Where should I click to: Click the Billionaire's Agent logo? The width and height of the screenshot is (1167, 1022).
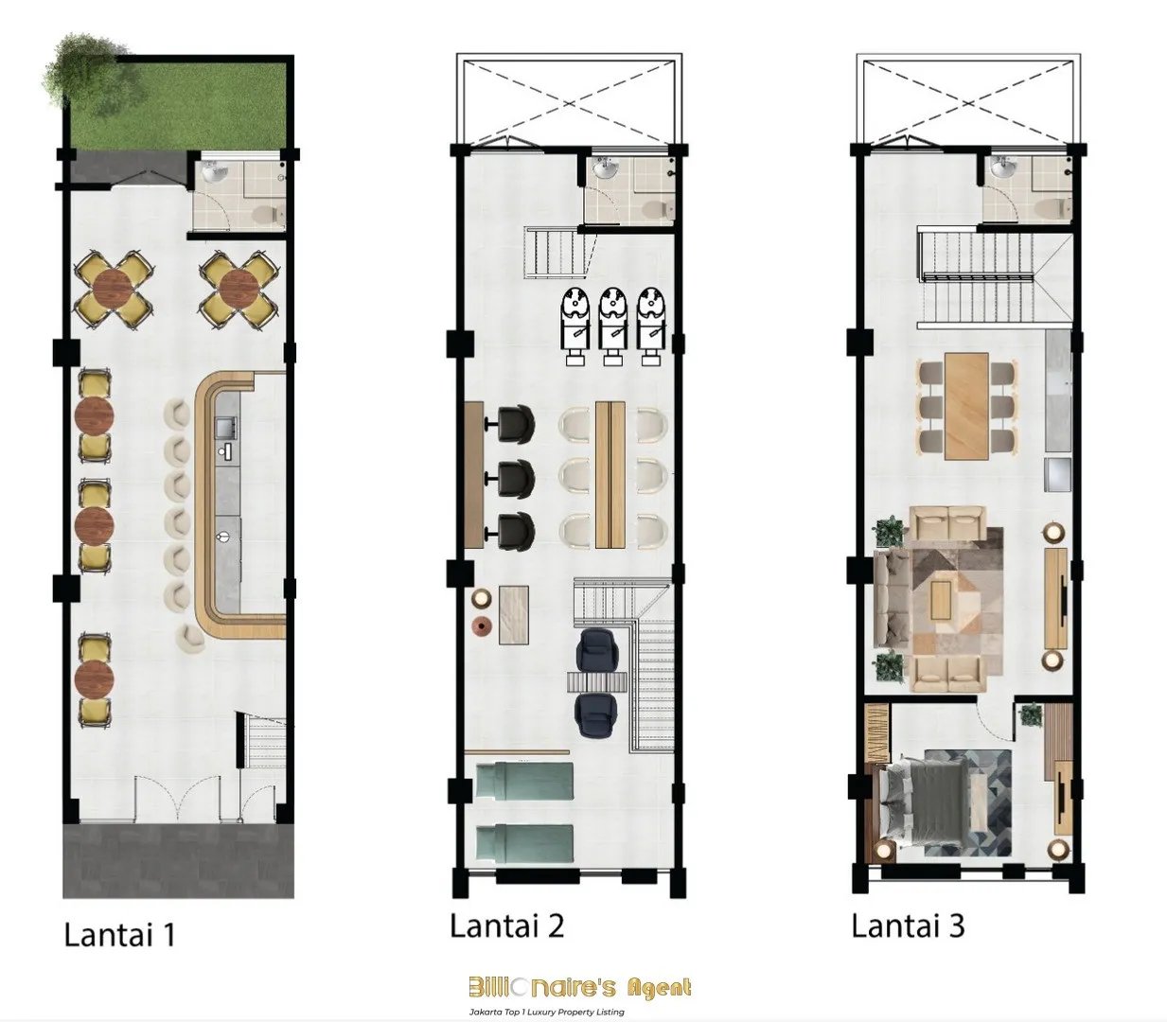579,988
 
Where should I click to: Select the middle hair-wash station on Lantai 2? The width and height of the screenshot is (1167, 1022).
613,326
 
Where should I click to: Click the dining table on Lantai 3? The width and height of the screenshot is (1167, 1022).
965,406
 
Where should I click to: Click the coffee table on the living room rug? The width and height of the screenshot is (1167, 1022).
941,600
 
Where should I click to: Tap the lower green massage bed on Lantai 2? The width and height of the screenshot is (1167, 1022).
524,842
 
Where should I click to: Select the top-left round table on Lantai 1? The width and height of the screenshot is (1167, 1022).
114,291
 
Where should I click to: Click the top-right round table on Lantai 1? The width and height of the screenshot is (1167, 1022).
239,291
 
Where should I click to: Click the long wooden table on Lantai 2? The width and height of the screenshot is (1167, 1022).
610,475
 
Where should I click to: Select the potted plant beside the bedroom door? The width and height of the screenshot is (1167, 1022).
1031,714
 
